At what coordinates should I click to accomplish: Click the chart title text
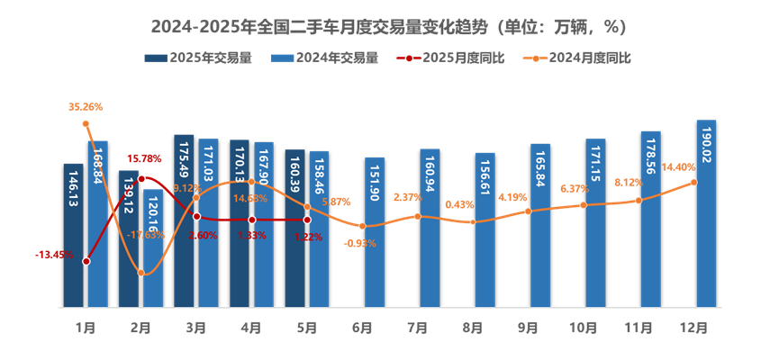(x=387, y=27)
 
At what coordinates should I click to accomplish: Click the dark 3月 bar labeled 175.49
(x=184, y=220)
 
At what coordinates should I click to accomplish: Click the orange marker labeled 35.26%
(x=86, y=123)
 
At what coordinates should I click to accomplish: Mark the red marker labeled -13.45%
(x=86, y=261)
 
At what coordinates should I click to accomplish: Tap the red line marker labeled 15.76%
(x=141, y=179)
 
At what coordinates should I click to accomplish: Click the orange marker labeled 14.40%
(x=693, y=182)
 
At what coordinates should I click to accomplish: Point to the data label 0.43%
(x=459, y=204)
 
